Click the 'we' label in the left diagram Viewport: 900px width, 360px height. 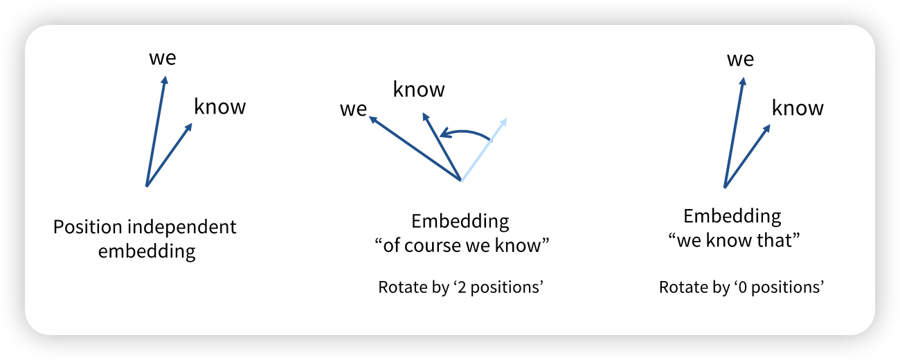click(163, 57)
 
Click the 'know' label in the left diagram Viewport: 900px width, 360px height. click(219, 107)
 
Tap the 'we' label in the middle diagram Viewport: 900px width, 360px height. click(353, 109)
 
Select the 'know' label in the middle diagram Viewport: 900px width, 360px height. click(419, 89)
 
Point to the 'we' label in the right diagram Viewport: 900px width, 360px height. click(740, 59)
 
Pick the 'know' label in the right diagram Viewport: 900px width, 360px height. click(798, 108)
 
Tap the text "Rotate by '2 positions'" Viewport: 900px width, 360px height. click(460, 287)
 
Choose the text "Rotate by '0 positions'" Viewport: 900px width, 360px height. click(741, 287)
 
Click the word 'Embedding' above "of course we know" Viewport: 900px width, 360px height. click(460, 222)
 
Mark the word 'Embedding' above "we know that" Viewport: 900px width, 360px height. click(732, 216)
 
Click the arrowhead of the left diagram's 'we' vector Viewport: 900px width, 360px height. click(165, 80)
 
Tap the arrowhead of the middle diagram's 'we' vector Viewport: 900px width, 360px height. click(372, 119)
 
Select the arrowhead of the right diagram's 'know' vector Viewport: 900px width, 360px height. click(767, 128)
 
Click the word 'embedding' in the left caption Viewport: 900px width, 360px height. click(147, 251)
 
